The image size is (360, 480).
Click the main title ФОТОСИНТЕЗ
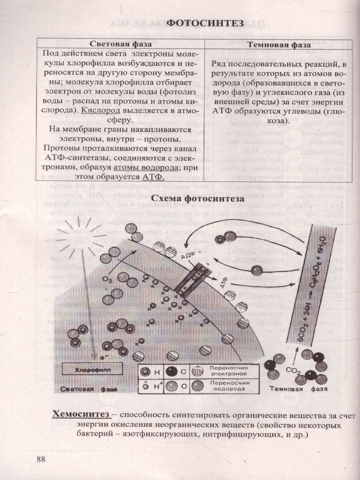[x=204, y=23]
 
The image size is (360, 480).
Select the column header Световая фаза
[x=120, y=45]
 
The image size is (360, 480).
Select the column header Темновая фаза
[x=279, y=45]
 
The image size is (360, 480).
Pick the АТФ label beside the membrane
[x=224, y=284]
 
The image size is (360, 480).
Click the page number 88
[x=41, y=458]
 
